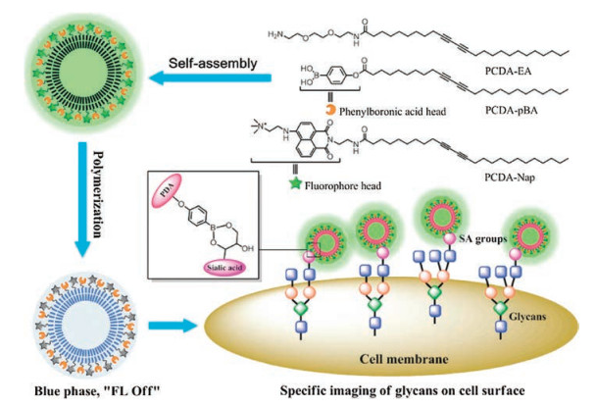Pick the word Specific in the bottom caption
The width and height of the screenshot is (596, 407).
pyautogui.click(x=293, y=393)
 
